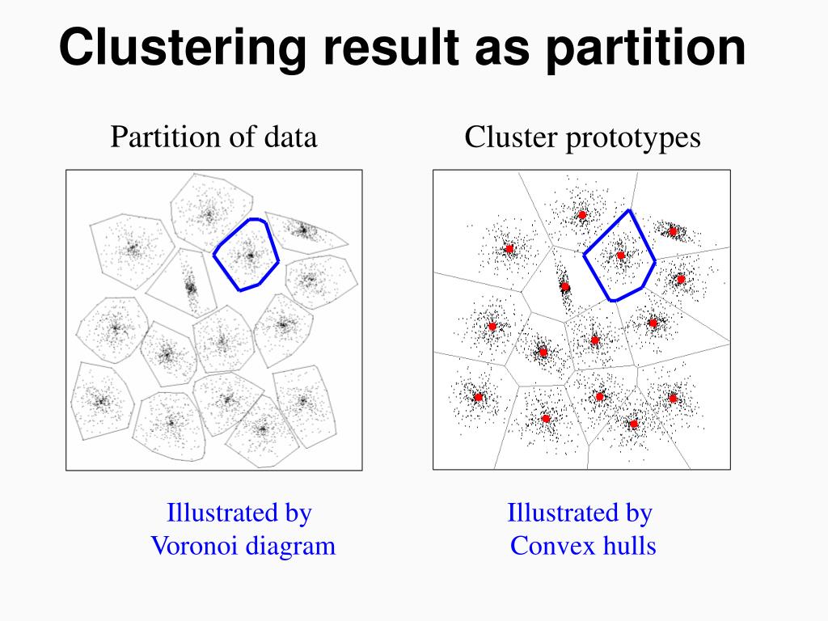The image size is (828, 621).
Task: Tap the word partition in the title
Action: tap(645, 49)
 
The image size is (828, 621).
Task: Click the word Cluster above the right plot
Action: tap(511, 137)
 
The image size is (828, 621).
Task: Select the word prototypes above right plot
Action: tap(633, 139)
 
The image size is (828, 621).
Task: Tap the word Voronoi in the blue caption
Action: tap(194, 546)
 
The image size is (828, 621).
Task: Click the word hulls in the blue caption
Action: tap(629, 545)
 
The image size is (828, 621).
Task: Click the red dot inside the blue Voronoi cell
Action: tap(621, 256)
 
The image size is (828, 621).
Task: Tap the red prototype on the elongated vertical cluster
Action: tap(564, 287)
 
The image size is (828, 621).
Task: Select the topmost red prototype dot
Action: tap(582, 215)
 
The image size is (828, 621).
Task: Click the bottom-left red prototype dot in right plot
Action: tap(479, 397)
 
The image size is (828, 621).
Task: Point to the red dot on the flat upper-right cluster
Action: tap(673, 231)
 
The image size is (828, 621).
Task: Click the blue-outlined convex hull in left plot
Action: tap(246, 255)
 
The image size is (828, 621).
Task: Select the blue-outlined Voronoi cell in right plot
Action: tap(620, 256)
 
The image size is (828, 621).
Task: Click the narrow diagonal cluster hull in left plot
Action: tap(182, 283)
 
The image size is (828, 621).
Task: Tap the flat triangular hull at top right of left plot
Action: tap(304, 231)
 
